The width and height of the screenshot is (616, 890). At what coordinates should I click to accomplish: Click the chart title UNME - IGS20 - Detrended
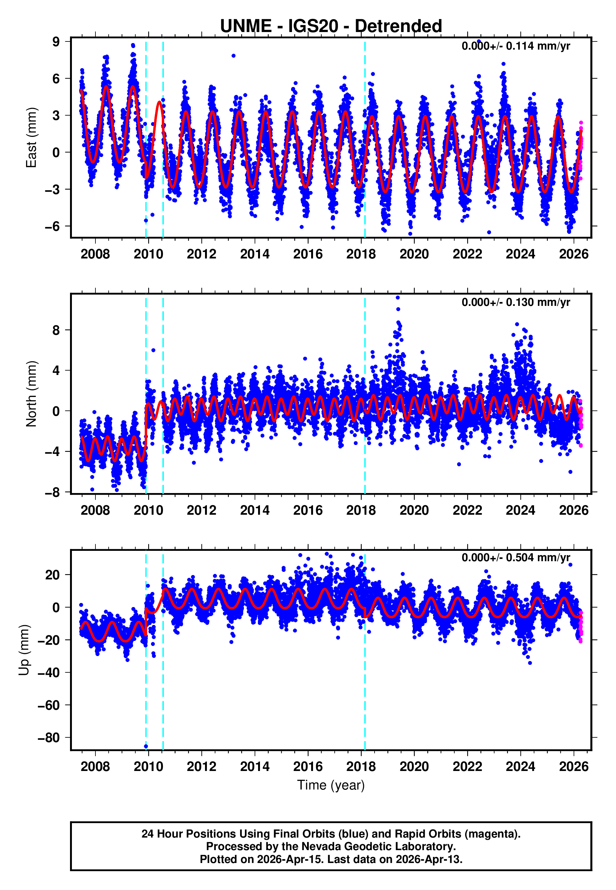point(331,26)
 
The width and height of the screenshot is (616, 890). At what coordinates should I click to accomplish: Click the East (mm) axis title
point(31,138)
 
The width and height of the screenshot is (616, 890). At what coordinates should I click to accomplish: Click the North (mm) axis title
point(31,394)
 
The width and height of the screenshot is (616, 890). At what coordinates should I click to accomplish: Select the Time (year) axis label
point(331,785)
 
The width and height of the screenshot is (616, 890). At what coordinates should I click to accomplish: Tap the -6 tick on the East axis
point(52,226)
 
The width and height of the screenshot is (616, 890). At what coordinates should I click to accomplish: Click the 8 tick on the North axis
point(56,330)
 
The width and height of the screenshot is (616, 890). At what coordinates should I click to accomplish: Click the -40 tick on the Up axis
point(49,672)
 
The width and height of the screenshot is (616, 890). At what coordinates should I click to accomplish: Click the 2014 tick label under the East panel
point(255,254)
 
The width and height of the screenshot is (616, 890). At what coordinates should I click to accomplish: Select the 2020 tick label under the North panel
point(414,510)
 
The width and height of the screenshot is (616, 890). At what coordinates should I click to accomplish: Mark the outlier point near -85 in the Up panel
point(146,746)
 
